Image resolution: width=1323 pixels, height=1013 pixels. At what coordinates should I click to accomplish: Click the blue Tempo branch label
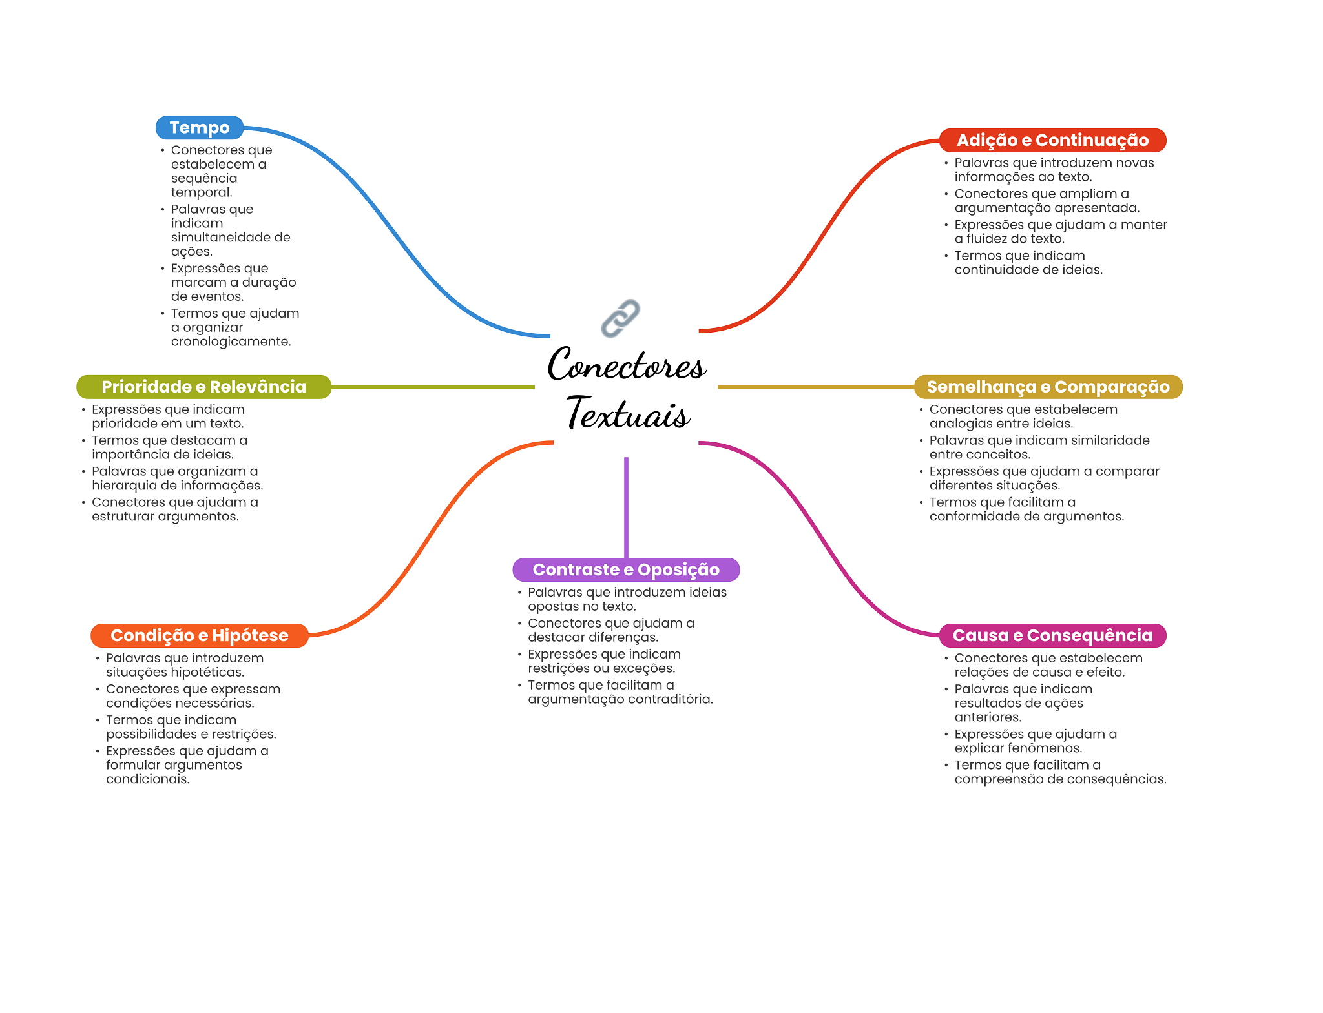point(199,128)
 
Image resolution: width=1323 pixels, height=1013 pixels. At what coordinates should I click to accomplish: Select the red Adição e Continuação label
point(1052,140)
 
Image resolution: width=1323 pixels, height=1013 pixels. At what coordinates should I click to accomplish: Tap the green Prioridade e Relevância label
point(203,387)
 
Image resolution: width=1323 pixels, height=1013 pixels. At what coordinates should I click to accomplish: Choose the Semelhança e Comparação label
point(1048,387)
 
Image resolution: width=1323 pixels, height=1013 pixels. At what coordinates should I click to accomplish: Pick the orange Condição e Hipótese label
point(199,635)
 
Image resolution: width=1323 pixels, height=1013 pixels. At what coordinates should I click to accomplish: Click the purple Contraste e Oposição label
point(626,569)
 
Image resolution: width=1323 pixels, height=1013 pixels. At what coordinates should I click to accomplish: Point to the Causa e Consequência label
point(1052,635)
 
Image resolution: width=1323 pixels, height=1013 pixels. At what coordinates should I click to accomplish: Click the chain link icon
point(620,318)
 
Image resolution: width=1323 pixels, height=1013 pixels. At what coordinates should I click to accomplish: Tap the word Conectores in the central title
point(627,364)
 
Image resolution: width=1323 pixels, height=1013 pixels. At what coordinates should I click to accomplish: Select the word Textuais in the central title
point(628,413)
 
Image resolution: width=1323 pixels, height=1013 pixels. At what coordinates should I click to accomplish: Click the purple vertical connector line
point(626,507)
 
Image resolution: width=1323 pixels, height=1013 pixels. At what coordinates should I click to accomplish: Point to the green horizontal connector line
point(433,387)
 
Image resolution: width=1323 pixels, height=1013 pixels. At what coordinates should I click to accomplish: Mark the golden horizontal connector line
point(816,387)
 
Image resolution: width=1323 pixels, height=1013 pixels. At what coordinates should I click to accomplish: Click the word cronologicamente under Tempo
point(231,342)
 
